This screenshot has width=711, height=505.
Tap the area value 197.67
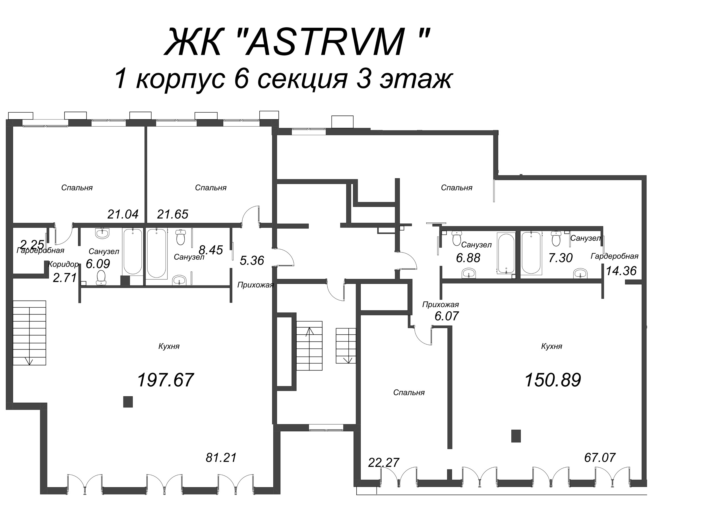pyautogui.click(x=166, y=380)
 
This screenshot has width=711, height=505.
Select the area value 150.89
pyautogui.click(x=553, y=380)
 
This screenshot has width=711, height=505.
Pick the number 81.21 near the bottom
pyautogui.click(x=221, y=458)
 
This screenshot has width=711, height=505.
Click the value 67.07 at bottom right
pyautogui.click(x=600, y=458)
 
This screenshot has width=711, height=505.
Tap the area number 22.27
pyautogui.click(x=383, y=462)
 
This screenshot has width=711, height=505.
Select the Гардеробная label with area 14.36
pyautogui.click(x=614, y=256)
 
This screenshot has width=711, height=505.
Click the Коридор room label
pyautogui.click(x=63, y=264)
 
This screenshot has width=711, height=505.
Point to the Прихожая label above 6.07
pyautogui.click(x=441, y=305)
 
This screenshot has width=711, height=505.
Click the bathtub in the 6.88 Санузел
pyautogui.click(x=506, y=253)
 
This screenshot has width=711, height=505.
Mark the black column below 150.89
pyautogui.click(x=516, y=436)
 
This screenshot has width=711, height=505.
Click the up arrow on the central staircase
pyautogui.click(x=309, y=332)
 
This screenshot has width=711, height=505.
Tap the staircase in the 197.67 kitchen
pyautogui.click(x=29, y=332)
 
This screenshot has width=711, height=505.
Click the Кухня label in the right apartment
pyautogui.click(x=551, y=346)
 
